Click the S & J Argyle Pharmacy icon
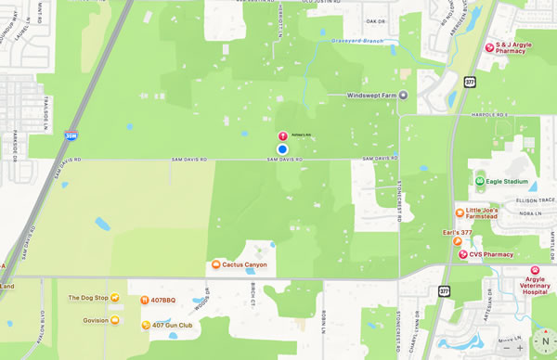(x=489, y=47)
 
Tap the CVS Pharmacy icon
(x=462, y=254)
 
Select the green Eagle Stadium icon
(x=480, y=182)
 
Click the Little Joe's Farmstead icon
(x=459, y=213)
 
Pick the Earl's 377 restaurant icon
(x=457, y=241)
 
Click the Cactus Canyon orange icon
(x=216, y=264)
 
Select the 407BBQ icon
(x=144, y=301)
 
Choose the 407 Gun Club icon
(x=146, y=326)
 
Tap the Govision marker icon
(x=115, y=321)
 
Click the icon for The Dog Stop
(x=116, y=299)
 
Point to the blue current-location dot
(x=282, y=149)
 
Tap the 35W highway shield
(x=70, y=135)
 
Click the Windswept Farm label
(x=377, y=96)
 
